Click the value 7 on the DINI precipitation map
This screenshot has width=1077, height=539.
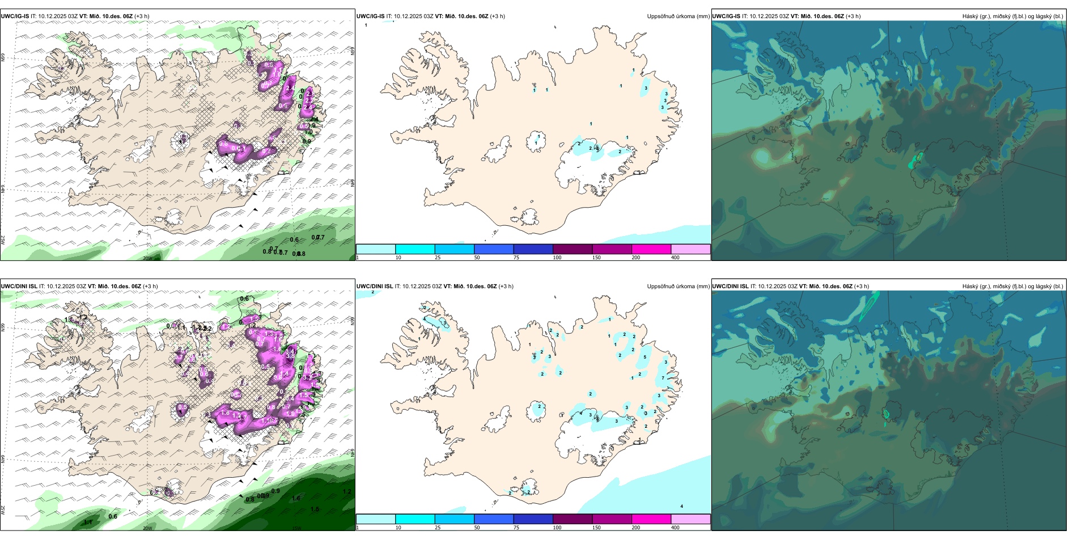coord(663,378)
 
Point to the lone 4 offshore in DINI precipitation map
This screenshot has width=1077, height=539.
coord(681,506)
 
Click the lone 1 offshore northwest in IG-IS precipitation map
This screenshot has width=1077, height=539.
coord(366,26)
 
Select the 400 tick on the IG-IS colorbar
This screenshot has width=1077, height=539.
coord(675,258)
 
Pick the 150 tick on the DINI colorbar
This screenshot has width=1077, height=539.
coord(596,528)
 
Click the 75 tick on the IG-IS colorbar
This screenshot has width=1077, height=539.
coord(516,258)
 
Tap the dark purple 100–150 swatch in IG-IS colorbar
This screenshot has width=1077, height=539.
coord(572,249)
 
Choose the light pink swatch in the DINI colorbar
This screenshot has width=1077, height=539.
coord(690,519)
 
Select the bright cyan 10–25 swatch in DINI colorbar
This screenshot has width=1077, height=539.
coord(415,519)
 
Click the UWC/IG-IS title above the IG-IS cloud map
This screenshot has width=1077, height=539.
coord(726,16)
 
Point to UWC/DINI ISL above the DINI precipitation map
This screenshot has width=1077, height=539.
coord(375,287)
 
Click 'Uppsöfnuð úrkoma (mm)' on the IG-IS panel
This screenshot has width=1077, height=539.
coord(678,16)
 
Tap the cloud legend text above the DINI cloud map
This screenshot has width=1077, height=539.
coord(1012,287)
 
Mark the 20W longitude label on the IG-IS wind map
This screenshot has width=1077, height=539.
coord(147,258)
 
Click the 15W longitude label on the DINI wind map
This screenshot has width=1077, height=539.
coord(296,528)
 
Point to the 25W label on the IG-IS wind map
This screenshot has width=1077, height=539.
coord(3,240)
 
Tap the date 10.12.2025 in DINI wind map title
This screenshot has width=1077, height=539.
coord(60,287)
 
